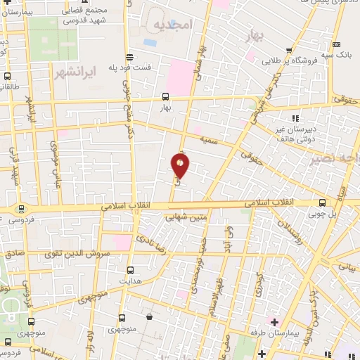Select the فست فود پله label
coord(130,67)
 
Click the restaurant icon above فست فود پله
coord(129,57)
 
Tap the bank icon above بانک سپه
coord(336,44)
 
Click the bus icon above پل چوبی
coord(321,201)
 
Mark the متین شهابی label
coord(186,217)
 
